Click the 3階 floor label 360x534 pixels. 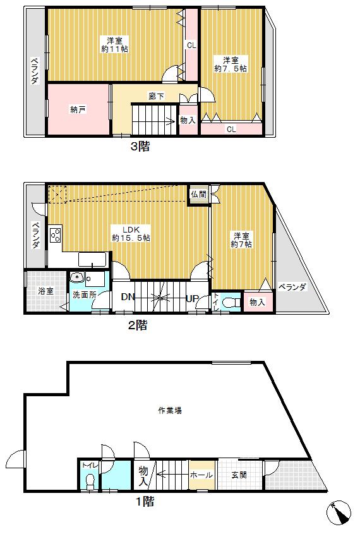click(x=140, y=147)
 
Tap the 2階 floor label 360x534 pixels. click(x=138, y=325)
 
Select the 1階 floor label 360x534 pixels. click(x=145, y=502)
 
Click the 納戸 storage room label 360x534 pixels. click(x=78, y=109)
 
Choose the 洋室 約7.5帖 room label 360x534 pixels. click(x=231, y=63)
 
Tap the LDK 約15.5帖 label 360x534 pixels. click(x=131, y=233)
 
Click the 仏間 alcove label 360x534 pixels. click(x=198, y=195)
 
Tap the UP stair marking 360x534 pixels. click(x=193, y=298)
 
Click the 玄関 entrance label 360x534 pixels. click(x=238, y=475)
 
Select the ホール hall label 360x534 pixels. click(x=202, y=475)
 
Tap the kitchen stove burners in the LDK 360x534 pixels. click(x=54, y=236)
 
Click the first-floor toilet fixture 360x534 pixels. click(x=90, y=482)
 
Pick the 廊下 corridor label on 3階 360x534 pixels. click(x=157, y=96)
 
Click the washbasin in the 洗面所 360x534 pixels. click(x=77, y=278)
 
